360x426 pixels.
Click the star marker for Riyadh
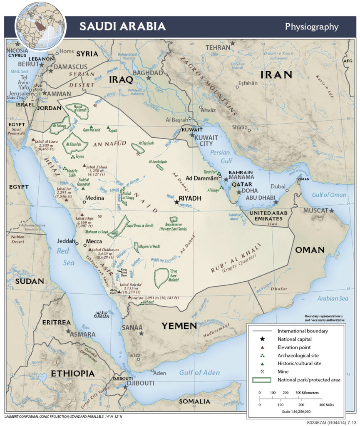coord(177,202)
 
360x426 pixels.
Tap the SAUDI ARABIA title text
coord(123,27)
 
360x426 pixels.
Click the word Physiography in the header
coord(311,27)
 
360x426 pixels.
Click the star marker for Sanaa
coord(142,333)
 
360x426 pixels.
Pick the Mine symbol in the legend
coord(262,371)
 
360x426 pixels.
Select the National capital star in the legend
coord(262,339)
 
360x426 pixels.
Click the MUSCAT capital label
coord(315,211)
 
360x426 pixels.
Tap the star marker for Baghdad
coord(148,78)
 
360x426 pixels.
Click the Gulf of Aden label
coord(200,372)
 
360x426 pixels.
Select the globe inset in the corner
coord(41,26)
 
